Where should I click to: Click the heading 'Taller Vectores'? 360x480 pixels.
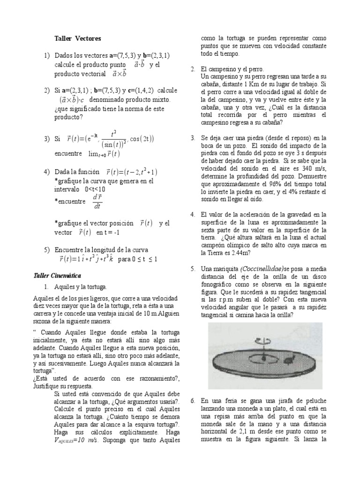77,38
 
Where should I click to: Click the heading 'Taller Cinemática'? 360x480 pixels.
58,275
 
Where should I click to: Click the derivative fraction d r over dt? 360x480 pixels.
97,201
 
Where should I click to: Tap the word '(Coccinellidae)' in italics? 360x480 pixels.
262,269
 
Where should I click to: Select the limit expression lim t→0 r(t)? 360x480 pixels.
105,153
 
